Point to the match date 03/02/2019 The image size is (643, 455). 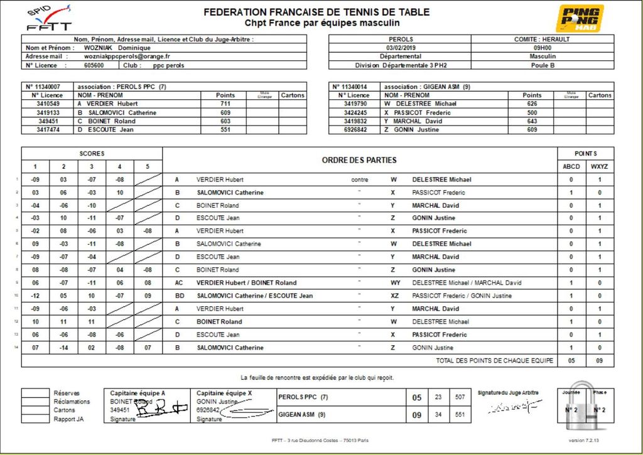(x=401, y=48)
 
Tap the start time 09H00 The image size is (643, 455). (x=543, y=48)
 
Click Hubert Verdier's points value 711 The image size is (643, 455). (x=225, y=104)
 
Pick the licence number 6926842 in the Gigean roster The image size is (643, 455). (x=355, y=130)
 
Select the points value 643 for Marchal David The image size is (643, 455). (x=532, y=121)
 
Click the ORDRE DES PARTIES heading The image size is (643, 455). (x=359, y=160)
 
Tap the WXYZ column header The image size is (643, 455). (x=600, y=166)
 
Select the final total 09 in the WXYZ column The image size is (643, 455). (x=600, y=361)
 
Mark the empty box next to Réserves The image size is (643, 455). (x=35, y=393)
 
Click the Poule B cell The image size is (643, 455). (x=543, y=65)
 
